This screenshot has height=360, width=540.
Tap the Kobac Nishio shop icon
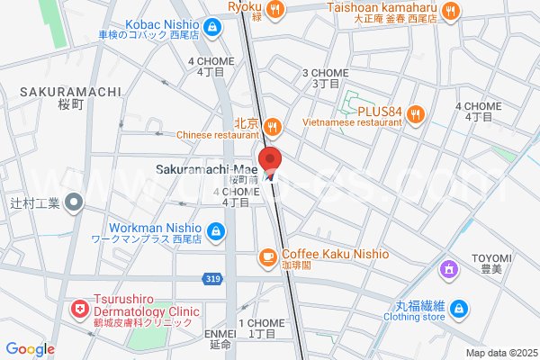(211, 28)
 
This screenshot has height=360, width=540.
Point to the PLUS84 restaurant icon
(415, 113)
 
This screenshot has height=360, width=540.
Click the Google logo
(30, 348)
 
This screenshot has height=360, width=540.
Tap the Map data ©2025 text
(500, 353)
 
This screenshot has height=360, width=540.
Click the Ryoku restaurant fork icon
(276, 9)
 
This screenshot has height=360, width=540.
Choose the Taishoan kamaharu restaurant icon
(452, 11)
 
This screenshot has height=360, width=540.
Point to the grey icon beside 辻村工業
(76, 203)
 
